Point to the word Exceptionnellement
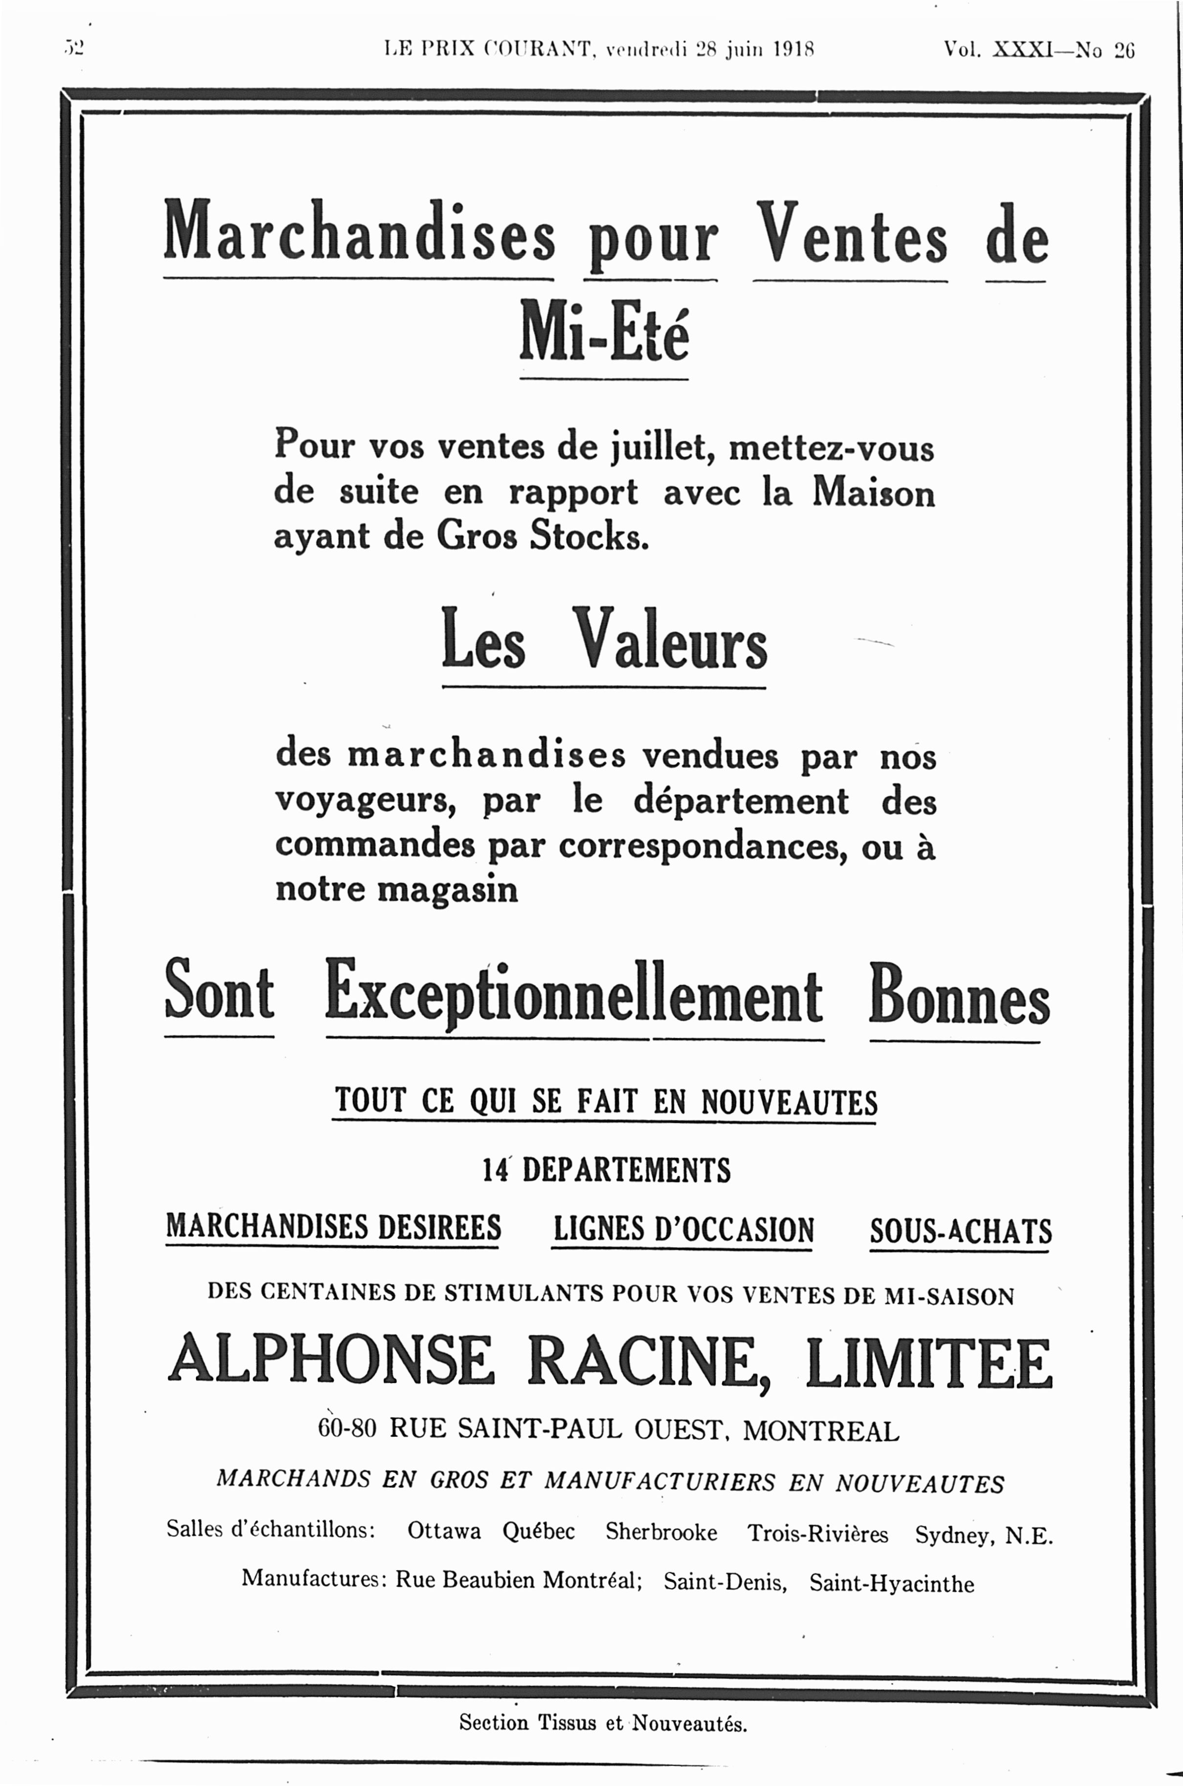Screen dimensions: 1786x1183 (573, 992)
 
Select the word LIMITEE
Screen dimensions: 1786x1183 (928, 1362)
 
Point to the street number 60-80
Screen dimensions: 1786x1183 (347, 1429)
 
